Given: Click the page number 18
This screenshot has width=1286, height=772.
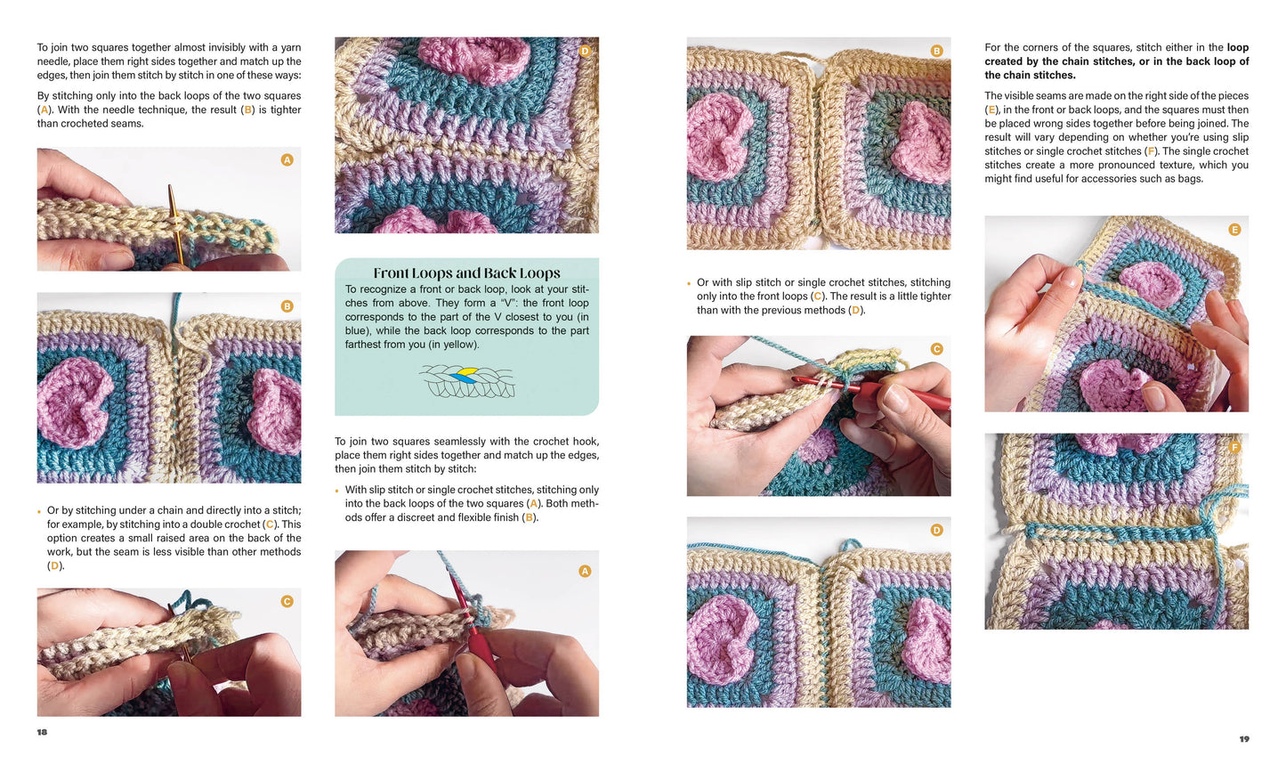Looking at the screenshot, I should click(x=42, y=732).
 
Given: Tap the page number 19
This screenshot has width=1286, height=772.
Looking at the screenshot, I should click(x=1243, y=739).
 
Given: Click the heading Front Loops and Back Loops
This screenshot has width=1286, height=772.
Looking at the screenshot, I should click(x=466, y=273).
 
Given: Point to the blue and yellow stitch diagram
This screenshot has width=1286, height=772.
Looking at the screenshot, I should click(x=467, y=380).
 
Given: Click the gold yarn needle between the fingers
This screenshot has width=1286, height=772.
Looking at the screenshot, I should click(x=174, y=223).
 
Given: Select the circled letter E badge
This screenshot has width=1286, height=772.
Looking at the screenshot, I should click(x=1233, y=230).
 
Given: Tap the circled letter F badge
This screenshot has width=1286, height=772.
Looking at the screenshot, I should click(x=1233, y=447).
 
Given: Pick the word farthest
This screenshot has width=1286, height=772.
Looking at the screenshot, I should click(x=365, y=345).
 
